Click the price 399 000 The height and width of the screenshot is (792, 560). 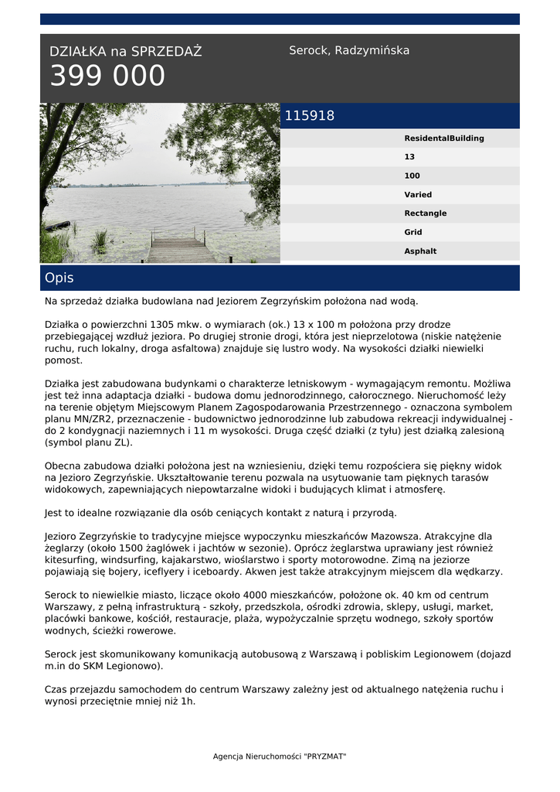coord(107,77)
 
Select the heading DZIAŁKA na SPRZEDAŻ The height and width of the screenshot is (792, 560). coord(125,52)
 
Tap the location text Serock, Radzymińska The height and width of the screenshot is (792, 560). coord(349,50)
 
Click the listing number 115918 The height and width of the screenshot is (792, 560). coord(310,116)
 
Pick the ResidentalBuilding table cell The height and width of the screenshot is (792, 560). coord(444,138)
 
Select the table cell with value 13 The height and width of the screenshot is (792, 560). coord(409,157)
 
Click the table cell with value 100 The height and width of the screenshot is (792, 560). coord(412,176)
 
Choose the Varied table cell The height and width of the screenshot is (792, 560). coord(418,195)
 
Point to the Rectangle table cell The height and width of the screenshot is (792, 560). coord(425,213)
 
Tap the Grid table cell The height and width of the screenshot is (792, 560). coord(412,232)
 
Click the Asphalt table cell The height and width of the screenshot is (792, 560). coord(420,251)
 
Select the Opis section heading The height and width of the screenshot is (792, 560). coord(59,278)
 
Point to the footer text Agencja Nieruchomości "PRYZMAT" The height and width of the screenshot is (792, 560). coord(280,756)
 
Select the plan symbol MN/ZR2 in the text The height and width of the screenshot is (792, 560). coord(92,418)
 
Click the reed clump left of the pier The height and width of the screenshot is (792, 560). coord(100,241)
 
